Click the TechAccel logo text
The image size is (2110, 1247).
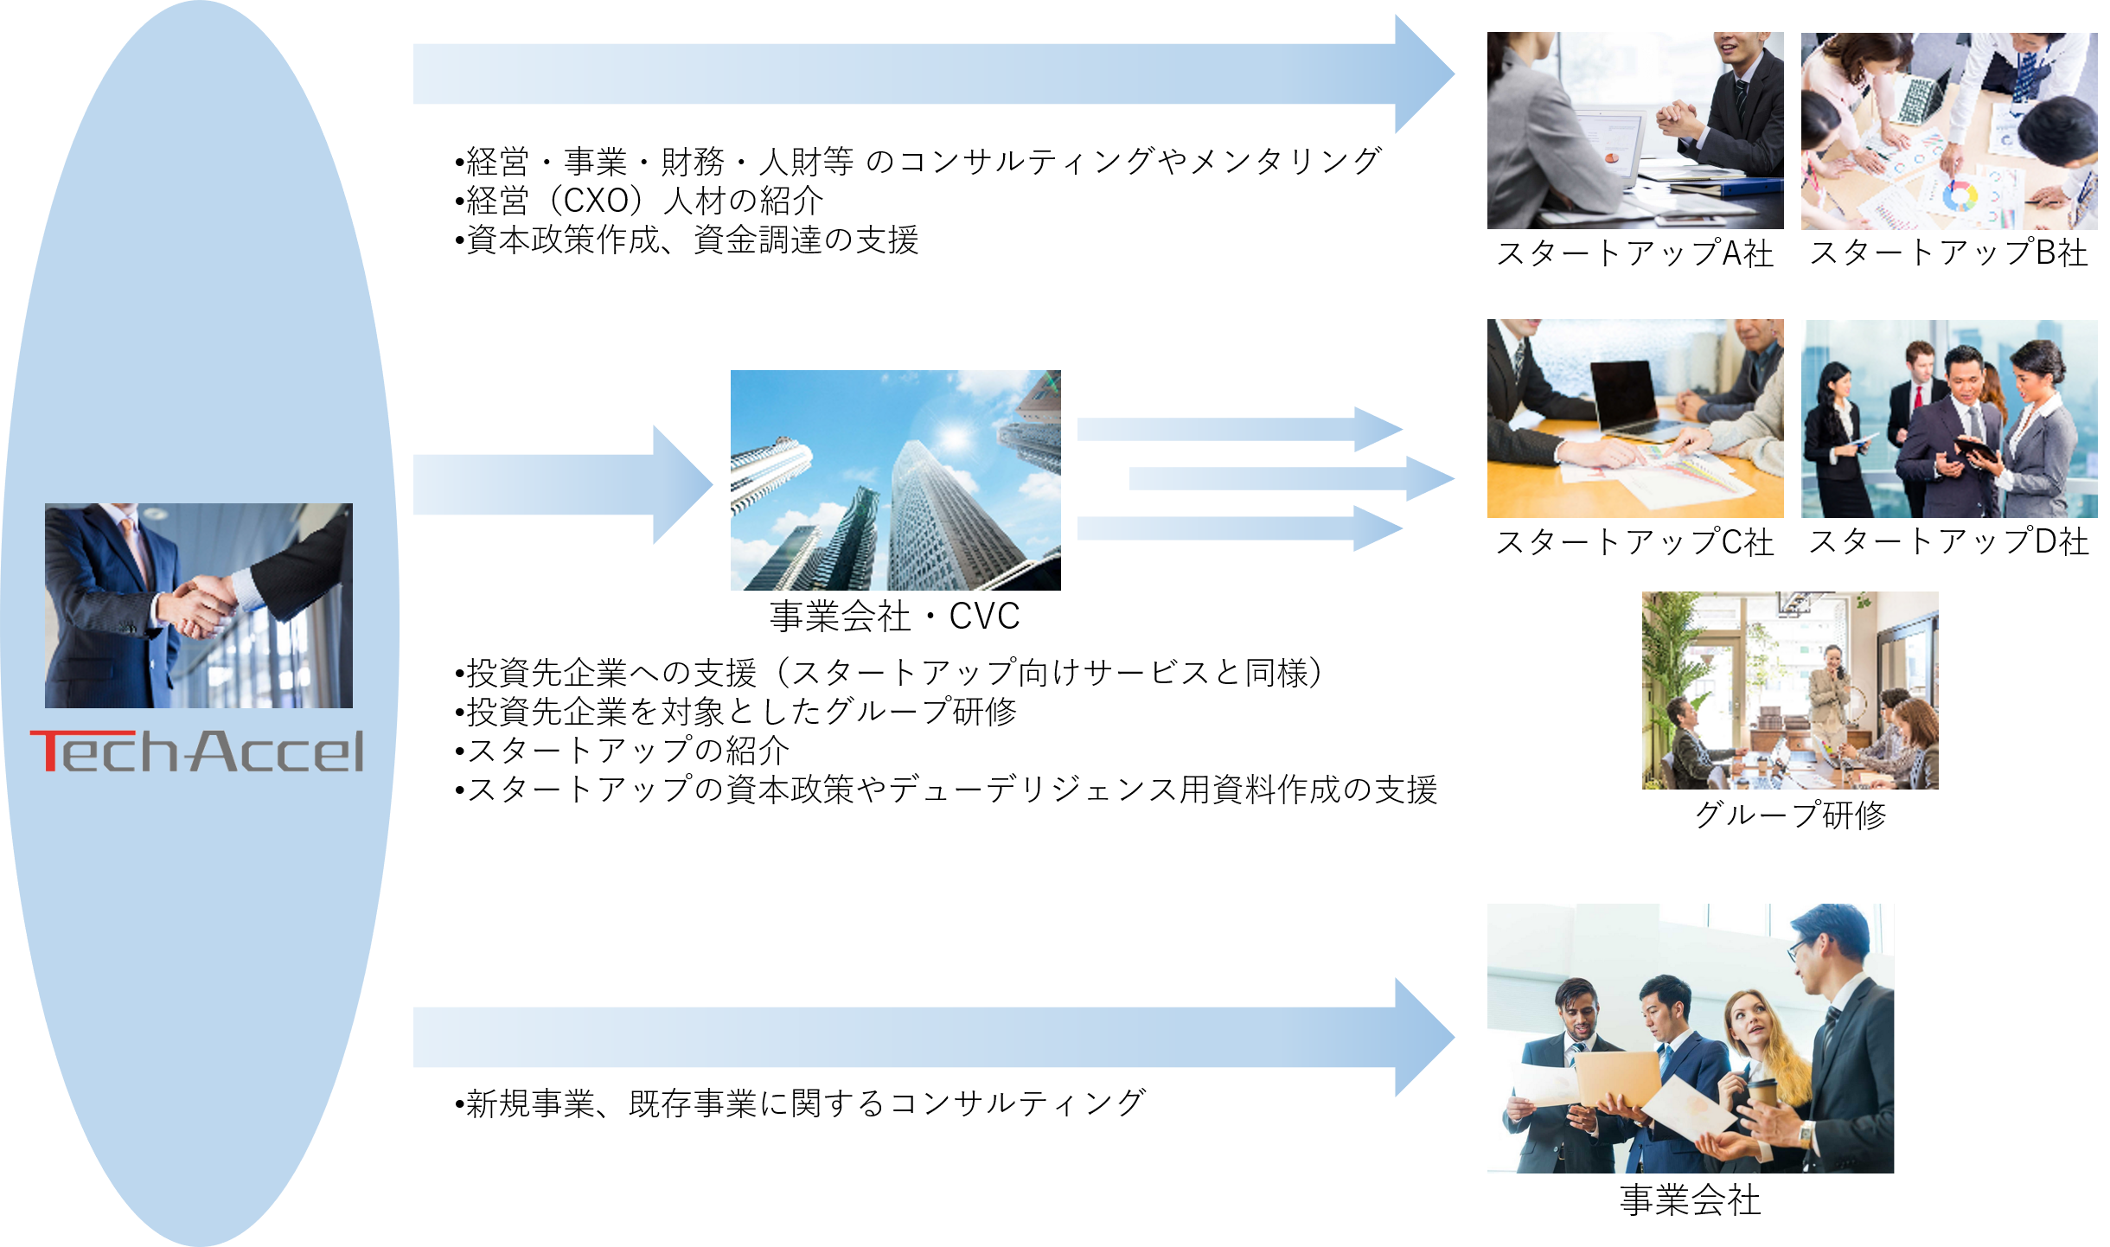197,751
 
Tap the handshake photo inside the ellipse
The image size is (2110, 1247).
199,605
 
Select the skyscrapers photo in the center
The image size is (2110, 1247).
895,481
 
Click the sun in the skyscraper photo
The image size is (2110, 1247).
955,438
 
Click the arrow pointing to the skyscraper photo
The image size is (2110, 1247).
562,484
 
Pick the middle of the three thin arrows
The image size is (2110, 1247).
1288,478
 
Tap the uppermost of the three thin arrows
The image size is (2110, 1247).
1237,429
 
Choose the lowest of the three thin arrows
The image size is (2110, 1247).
1237,528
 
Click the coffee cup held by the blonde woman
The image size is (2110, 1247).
1762,1093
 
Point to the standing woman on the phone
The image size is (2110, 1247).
1826,692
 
